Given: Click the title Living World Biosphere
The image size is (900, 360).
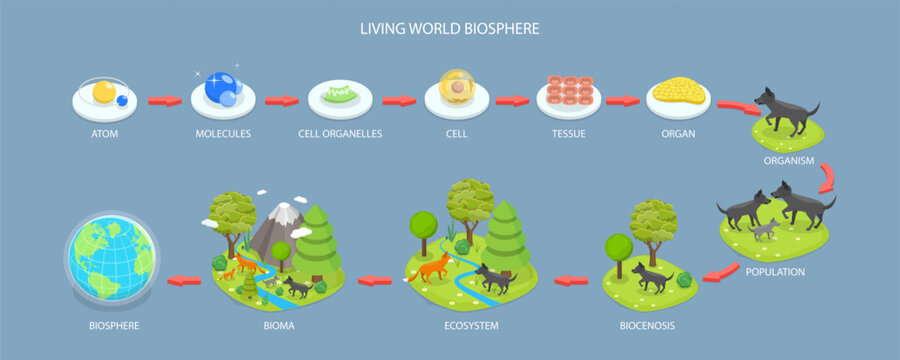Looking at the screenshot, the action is [x=450, y=28].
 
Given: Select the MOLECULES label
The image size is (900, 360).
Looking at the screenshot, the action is [x=223, y=132].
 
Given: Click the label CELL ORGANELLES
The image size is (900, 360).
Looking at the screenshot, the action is [x=341, y=132].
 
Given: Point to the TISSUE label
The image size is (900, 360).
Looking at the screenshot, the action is [x=568, y=132].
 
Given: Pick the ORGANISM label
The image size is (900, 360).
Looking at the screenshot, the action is [x=789, y=159].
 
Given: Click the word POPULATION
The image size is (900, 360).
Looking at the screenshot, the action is [x=776, y=271].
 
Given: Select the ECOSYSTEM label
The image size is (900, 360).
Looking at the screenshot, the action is [x=470, y=325].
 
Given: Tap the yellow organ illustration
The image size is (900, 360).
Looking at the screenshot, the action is [x=680, y=93].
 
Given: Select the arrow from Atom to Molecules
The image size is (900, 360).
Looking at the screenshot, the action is [x=164, y=100].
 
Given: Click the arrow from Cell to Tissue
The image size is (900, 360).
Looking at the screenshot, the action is [x=512, y=100].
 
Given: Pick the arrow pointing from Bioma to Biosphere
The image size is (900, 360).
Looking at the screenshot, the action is [x=184, y=280].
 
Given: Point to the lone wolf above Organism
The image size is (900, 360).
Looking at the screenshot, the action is [x=785, y=110].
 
